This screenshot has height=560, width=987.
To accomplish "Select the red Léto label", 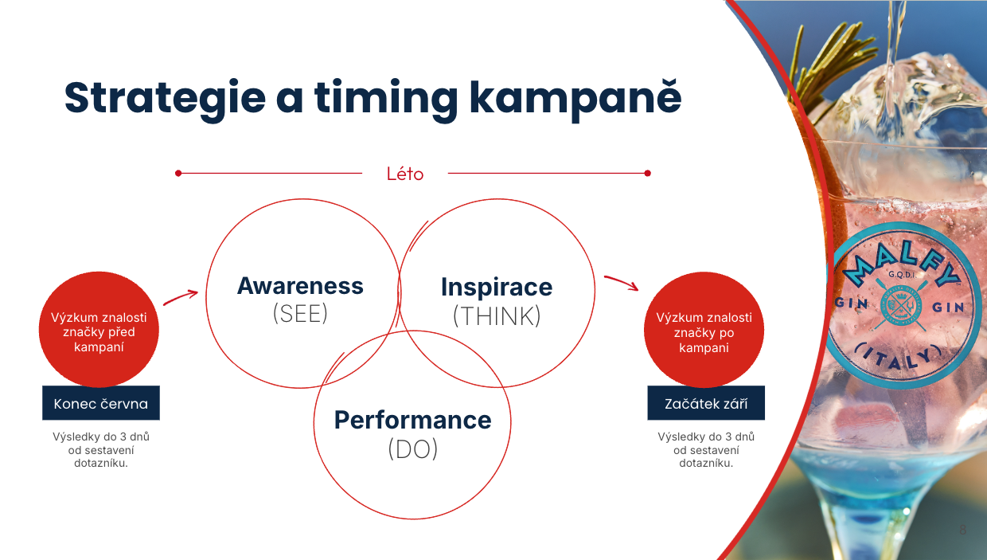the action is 405,174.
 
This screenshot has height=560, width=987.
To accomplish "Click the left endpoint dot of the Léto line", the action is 178,174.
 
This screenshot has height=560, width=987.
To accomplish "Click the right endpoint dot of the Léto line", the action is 647,174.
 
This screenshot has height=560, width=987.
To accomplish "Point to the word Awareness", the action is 300,286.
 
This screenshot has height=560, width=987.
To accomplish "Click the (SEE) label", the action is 300,314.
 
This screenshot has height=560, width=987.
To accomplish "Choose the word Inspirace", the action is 497,287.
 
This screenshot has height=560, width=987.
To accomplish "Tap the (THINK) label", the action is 497,315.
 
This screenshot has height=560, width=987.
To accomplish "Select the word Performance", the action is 412,420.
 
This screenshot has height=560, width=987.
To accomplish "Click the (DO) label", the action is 413,449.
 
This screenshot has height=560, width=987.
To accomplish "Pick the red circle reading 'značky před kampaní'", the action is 99,329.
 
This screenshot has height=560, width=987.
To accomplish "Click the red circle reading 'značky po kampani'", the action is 704,330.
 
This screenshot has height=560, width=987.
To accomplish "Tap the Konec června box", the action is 101,403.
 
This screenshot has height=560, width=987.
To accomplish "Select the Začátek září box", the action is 706,403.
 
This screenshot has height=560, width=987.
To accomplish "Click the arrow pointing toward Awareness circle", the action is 181,297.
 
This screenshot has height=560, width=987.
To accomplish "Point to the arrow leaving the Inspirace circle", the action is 622,282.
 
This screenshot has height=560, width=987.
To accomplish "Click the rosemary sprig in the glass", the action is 829,61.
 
